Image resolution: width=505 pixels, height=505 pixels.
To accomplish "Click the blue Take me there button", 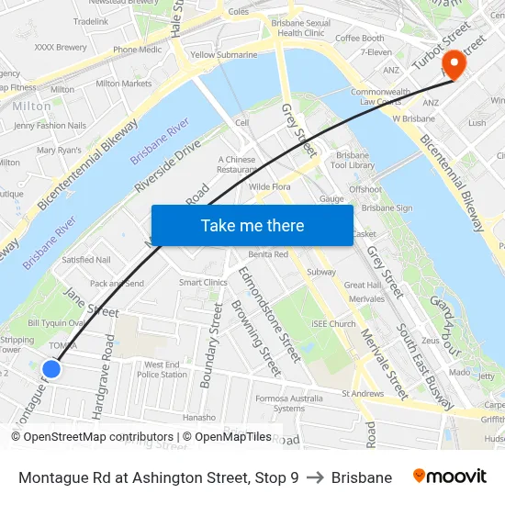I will [x=252, y=225].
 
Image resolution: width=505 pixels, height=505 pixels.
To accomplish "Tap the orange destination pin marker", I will [x=452, y=62].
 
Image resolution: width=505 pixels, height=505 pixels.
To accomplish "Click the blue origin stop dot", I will [x=51, y=368].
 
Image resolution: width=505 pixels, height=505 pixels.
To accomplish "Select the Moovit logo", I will [x=449, y=477].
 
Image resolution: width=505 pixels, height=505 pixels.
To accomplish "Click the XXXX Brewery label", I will [x=61, y=47].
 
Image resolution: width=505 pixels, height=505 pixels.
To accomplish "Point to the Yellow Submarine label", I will [x=224, y=55].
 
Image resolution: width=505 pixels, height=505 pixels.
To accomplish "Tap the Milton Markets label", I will [x=123, y=84].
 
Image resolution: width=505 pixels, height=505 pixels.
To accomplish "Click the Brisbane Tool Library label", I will [x=353, y=161].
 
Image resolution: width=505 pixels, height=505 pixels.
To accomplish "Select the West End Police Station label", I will [x=163, y=369].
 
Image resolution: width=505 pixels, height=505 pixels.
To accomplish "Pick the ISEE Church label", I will [x=333, y=324].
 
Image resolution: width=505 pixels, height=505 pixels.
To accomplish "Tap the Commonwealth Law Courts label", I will [x=380, y=96].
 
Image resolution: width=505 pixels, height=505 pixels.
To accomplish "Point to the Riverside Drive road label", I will [x=167, y=165].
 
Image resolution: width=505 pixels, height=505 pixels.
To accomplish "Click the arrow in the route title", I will [x=315, y=477].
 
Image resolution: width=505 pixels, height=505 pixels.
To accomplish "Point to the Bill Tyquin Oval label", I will [x=57, y=323].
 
